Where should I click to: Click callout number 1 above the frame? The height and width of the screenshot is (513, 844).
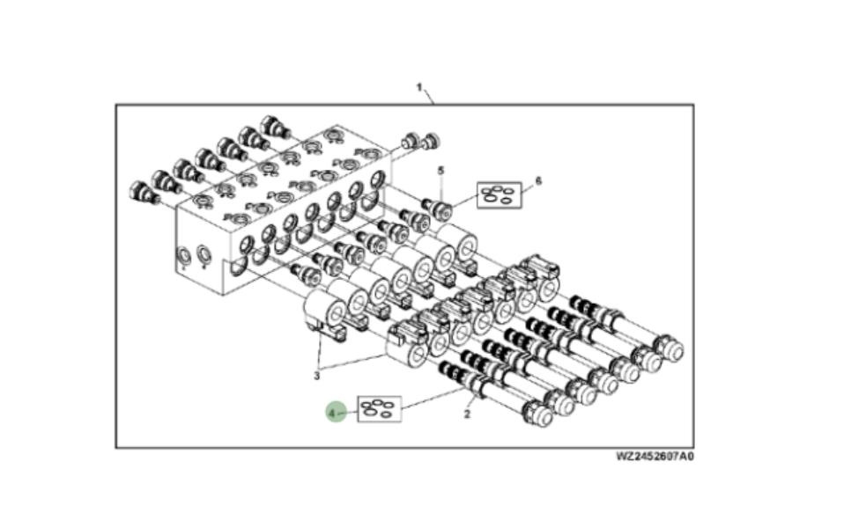(420, 88)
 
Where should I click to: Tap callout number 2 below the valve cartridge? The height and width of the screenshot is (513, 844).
(467, 414)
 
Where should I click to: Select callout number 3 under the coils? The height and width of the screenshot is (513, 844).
(317, 377)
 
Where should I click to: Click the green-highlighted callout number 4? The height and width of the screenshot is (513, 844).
(335, 411)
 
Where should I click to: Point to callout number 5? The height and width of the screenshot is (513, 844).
(441, 169)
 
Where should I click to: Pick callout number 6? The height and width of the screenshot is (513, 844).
(538, 180)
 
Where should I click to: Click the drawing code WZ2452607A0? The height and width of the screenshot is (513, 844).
(655, 456)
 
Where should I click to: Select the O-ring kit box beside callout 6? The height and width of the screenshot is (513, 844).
(499, 194)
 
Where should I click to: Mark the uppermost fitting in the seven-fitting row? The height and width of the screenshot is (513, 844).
(275, 128)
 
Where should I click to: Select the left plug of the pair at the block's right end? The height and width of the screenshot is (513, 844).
(411, 141)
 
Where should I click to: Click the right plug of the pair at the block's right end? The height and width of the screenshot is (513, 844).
(431, 140)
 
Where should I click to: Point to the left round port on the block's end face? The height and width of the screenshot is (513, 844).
(185, 256)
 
